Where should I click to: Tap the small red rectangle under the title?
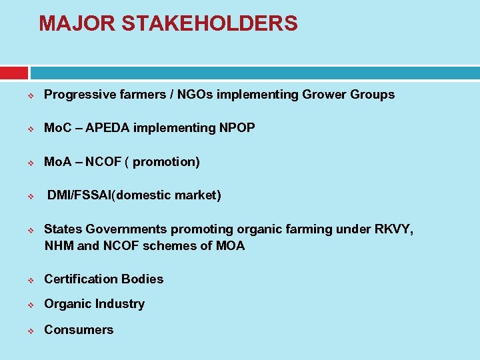click(13, 73)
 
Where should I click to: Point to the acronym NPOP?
click(237, 127)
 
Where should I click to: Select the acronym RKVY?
click(394, 229)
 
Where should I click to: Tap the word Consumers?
click(79, 329)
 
